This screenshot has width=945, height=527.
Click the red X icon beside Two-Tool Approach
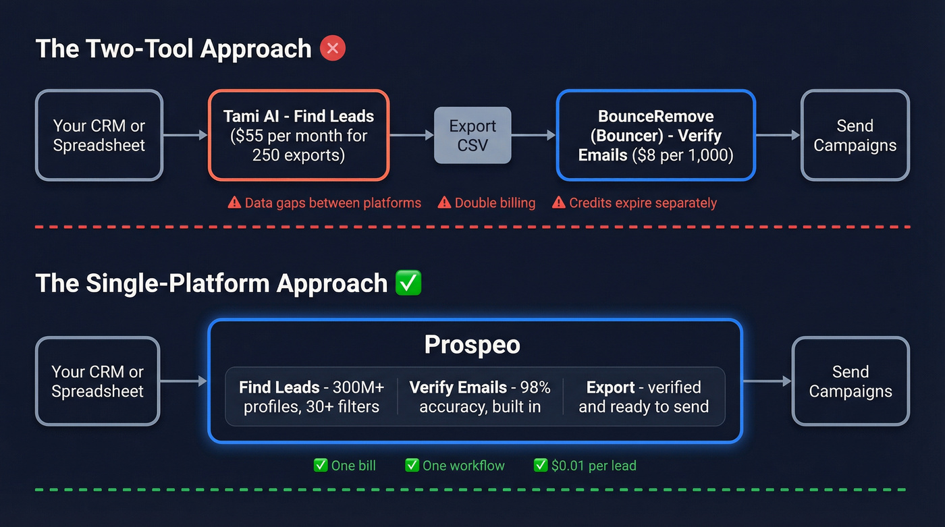tap(333, 49)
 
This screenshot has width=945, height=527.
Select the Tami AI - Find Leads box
tap(298, 135)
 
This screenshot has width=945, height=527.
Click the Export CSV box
tap(473, 136)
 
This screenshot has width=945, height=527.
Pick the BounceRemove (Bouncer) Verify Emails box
tap(655, 136)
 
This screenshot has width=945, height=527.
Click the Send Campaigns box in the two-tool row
tap(855, 136)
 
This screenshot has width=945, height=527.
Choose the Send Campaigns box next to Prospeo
tap(850, 381)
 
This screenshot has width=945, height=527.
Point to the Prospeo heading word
tap(472, 345)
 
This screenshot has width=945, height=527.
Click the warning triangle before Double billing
tap(444, 202)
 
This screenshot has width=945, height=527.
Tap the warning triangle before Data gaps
tap(234, 202)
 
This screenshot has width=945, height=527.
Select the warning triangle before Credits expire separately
tap(558, 202)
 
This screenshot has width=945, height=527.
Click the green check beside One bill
tap(321, 465)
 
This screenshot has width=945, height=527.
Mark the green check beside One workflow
tap(412, 465)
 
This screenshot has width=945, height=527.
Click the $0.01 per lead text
tap(593, 465)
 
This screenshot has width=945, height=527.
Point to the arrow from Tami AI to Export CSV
tap(411, 136)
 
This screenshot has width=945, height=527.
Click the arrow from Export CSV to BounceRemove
tap(533, 136)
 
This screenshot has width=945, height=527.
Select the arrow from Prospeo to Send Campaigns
tap(767, 381)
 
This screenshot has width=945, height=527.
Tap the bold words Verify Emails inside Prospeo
tap(458, 387)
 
